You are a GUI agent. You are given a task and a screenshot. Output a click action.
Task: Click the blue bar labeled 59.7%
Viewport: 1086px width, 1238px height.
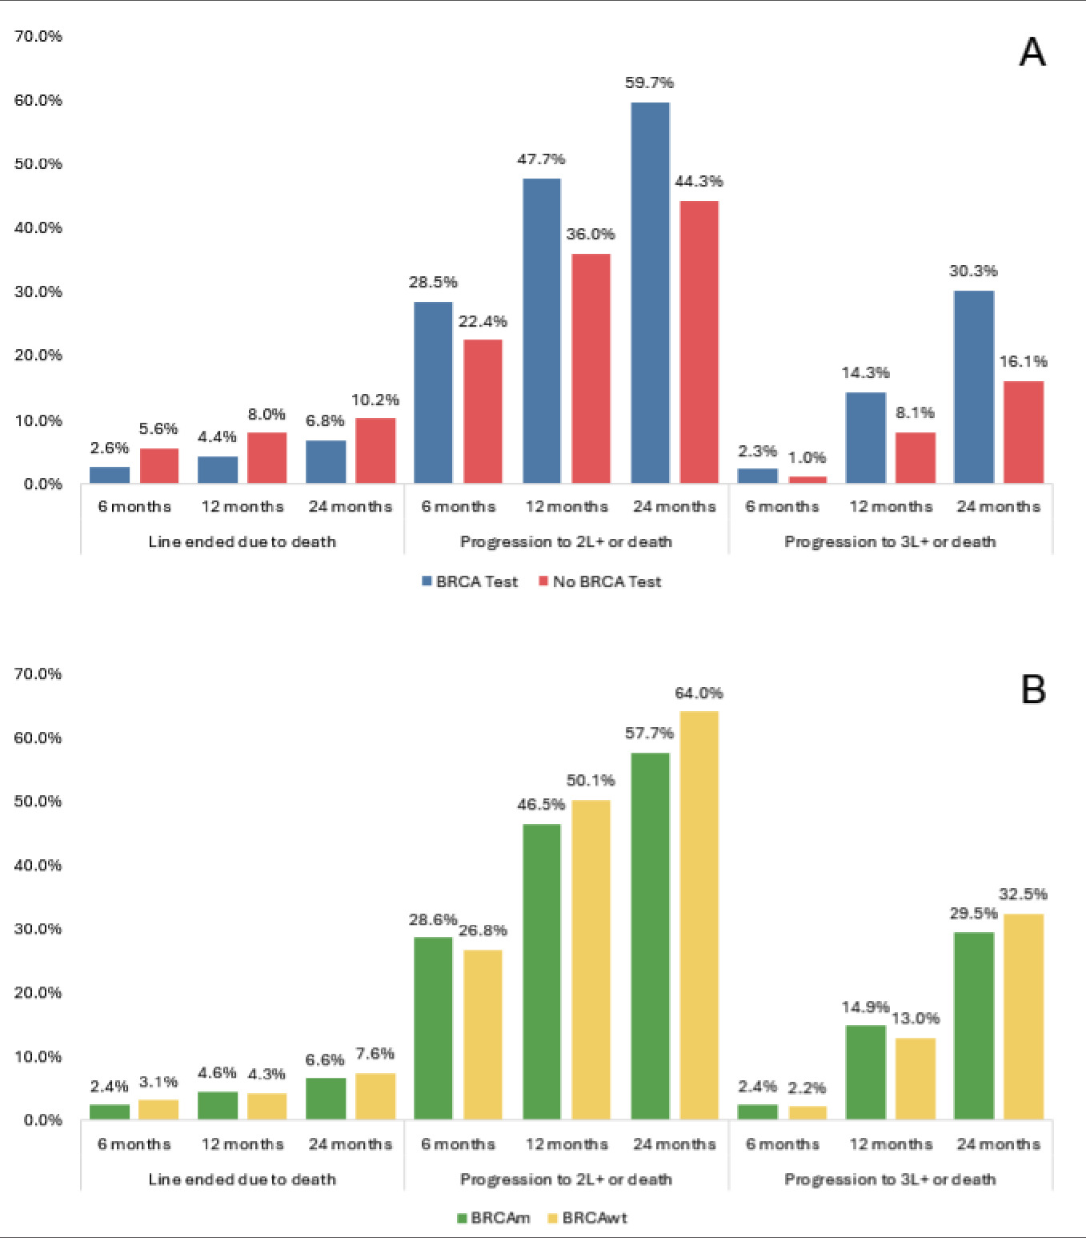650,292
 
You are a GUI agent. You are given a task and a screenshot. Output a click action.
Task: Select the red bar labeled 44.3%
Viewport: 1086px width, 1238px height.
699,342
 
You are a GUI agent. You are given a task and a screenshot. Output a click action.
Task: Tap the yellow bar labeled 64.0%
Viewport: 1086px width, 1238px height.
699,914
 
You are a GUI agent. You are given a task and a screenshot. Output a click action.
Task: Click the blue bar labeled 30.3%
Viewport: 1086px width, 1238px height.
974,387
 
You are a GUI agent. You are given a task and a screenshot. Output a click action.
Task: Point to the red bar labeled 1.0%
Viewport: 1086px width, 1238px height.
807,480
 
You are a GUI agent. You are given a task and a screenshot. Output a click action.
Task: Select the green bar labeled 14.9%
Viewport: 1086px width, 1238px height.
865,1071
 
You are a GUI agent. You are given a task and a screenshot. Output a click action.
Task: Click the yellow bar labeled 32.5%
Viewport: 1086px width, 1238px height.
1024,1016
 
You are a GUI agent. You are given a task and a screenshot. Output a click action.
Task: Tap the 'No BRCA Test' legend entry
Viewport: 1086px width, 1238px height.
600,581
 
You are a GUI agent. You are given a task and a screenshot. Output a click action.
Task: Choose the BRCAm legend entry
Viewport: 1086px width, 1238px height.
493,1218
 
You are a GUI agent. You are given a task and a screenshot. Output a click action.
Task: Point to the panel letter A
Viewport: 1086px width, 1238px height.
1032,53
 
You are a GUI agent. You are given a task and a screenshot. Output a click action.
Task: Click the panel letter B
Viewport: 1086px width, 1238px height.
1033,689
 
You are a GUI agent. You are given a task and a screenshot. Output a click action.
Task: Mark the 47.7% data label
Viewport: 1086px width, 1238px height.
541,159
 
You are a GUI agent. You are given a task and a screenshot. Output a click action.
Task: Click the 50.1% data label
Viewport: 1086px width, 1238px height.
591,780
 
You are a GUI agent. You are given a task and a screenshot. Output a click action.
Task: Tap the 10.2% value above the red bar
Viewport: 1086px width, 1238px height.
375,400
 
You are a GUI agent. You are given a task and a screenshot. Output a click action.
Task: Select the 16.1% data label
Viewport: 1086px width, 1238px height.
1023,361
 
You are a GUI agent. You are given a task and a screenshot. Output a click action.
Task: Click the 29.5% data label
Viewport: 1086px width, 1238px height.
973,913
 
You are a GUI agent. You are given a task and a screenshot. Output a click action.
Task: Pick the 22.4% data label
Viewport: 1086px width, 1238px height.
483,321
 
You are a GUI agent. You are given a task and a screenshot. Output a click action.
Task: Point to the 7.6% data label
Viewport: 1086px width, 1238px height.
375,1053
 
